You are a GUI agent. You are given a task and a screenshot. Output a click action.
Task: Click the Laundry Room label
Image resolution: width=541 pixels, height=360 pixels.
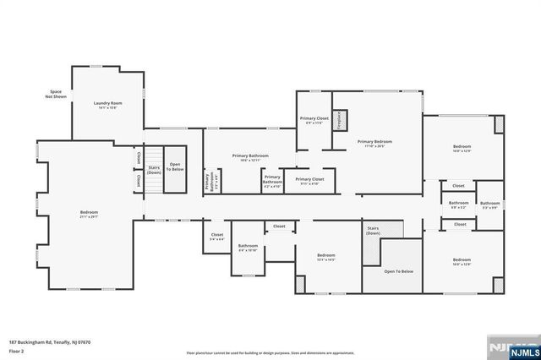click(108, 105)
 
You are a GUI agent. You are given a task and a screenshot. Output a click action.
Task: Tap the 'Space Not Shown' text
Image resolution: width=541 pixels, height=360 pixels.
click(55, 94)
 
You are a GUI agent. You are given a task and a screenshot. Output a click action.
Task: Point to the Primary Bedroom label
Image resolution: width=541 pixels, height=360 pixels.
click(374, 143)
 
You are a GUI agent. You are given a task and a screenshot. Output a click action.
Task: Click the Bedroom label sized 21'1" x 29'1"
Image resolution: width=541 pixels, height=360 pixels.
click(89, 214)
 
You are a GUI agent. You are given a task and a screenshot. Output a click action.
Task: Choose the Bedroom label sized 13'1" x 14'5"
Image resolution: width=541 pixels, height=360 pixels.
click(326, 257)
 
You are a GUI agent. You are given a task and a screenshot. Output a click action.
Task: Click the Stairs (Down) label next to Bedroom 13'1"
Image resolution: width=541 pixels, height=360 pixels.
click(373, 230)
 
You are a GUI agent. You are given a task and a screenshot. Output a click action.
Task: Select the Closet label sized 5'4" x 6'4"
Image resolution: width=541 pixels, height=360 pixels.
click(217, 237)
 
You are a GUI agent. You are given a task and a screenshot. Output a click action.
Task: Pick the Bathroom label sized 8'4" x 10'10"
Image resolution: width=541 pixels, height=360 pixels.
click(248, 248)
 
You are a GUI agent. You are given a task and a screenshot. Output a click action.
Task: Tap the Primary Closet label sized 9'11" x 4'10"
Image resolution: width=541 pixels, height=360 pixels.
click(309, 181)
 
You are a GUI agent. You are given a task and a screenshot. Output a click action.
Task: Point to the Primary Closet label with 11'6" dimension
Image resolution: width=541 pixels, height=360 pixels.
click(314, 121)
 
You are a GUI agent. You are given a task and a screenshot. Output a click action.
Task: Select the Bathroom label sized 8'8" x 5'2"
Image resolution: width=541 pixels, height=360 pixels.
click(458, 205)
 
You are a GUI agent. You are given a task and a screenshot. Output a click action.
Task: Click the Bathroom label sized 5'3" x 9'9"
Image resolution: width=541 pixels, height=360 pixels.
click(490, 205)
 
